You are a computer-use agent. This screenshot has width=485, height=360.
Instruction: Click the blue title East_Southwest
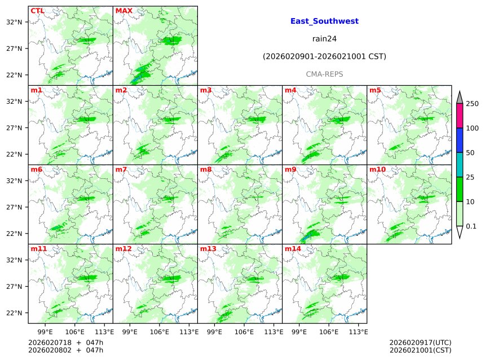click(324, 21)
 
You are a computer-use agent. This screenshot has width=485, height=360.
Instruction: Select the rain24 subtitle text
click(324, 39)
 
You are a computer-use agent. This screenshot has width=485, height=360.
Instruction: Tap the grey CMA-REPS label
click(324, 74)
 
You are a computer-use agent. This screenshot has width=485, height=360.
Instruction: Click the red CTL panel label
click(37, 11)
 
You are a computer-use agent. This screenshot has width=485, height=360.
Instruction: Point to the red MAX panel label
click(124, 11)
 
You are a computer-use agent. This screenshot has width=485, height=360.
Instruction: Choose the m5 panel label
click(375, 90)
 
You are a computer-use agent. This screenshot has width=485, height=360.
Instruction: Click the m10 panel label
click(377, 169)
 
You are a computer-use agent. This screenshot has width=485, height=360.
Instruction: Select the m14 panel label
click(293, 249)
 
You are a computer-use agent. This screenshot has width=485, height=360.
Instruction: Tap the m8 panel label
click(206, 169)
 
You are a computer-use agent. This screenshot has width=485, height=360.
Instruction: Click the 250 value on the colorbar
click(472, 104)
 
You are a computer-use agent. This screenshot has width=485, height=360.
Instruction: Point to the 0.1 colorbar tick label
click(471, 226)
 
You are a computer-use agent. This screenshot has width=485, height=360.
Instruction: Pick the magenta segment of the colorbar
click(460, 116)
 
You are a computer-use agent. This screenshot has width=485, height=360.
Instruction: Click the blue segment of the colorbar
click(460, 140)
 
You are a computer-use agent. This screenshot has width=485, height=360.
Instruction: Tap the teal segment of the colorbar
click(460, 165)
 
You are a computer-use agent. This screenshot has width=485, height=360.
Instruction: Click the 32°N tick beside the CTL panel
click(14, 22)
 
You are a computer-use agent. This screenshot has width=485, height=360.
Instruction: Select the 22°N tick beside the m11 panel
click(14, 313)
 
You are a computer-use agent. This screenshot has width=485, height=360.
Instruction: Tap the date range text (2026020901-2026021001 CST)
click(324, 56)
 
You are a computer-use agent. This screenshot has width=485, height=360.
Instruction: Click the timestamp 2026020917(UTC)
click(420, 343)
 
